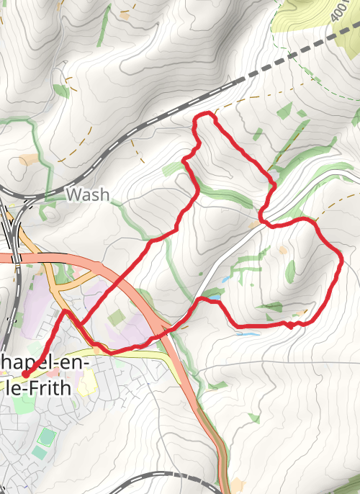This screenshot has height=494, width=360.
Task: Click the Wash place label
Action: (87, 194)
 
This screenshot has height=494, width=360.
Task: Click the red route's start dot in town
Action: (24, 374)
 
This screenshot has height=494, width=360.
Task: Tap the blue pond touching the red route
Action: (213, 296)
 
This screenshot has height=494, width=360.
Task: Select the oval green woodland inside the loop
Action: (290, 271)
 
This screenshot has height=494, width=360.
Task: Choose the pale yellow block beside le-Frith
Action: (88, 382)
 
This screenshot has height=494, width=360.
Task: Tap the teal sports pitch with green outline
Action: (45, 436)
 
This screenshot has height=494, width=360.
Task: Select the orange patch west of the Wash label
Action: (30, 158)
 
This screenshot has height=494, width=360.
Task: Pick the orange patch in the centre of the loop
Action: (283, 250)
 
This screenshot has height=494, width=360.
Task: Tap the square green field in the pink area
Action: (116, 317)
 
